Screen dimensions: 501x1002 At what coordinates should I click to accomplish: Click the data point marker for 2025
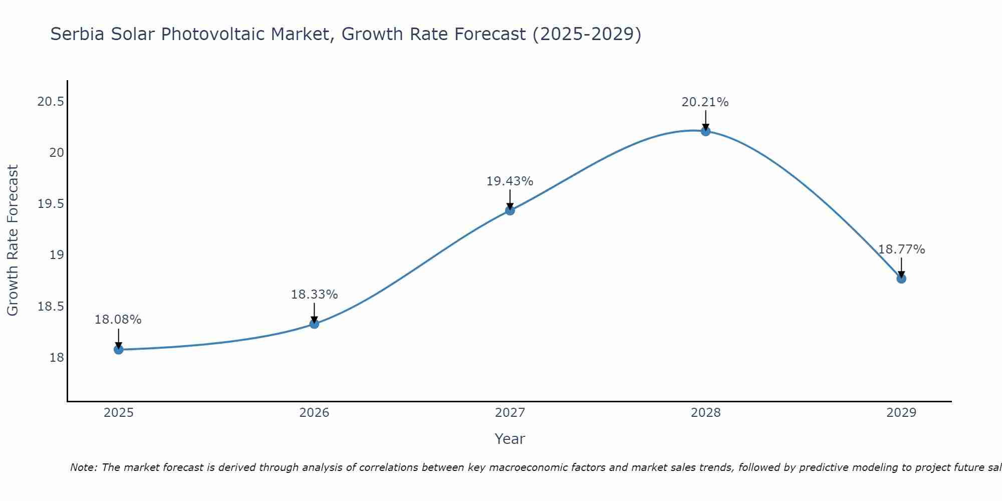[119, 349]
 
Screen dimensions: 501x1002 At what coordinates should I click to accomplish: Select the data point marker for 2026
[314, 324]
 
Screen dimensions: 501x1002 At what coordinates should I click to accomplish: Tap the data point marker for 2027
[510, 210]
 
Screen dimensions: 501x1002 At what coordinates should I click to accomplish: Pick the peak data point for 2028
[705, 131]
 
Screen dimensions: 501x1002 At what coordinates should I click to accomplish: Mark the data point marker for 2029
[901, 279]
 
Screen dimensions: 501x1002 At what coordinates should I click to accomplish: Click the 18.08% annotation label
[118, 320]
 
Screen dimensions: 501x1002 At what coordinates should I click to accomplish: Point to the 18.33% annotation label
[314, 295]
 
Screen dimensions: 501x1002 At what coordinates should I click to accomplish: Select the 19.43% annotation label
[510, 181]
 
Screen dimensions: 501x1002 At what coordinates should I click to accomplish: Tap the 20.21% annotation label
[705, 102]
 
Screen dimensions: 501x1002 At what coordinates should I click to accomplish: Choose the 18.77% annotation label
[901, 249]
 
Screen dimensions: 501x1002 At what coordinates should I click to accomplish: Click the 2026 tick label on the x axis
[314, 413]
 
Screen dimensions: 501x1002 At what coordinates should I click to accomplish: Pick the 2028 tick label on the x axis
[705, 413]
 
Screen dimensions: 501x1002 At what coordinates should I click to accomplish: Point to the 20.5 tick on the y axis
[51, 102]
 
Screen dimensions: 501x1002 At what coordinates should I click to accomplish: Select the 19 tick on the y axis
[57, 255]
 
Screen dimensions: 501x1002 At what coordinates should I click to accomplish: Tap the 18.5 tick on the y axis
[51, 307]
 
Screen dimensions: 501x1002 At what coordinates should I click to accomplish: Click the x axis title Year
[510, 439]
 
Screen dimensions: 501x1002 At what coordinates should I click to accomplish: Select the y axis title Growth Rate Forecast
[13, 240]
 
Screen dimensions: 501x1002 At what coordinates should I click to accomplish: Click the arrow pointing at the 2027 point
[510, 199]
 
